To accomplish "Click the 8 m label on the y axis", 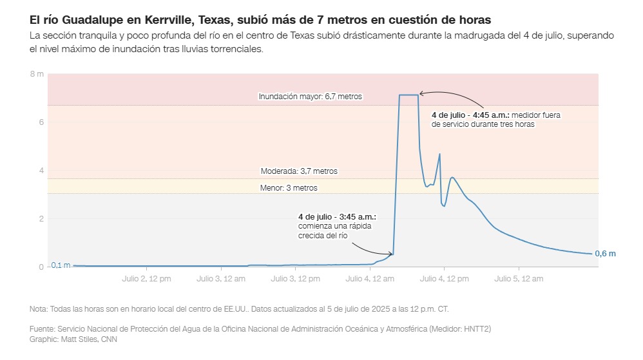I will point(37,75).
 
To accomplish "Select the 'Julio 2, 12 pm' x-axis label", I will point(146,279).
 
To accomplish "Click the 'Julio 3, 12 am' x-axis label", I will point(221,279).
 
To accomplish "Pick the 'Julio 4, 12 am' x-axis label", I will point(370,279).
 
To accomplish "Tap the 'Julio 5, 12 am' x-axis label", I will point(519,279).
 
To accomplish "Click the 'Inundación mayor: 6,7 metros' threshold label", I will point(310,97).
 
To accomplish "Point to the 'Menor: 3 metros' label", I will point(289,188).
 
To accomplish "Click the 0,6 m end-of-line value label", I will point(605,254).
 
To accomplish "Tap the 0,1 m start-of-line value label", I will point(61,265).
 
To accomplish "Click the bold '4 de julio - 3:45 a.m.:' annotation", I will point(337,217).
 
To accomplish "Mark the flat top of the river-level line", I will point(408,95).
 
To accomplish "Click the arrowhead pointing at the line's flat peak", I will point(421,94).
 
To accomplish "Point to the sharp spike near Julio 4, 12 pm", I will point(439,155).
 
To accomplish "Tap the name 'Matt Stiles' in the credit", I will point(79,339).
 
